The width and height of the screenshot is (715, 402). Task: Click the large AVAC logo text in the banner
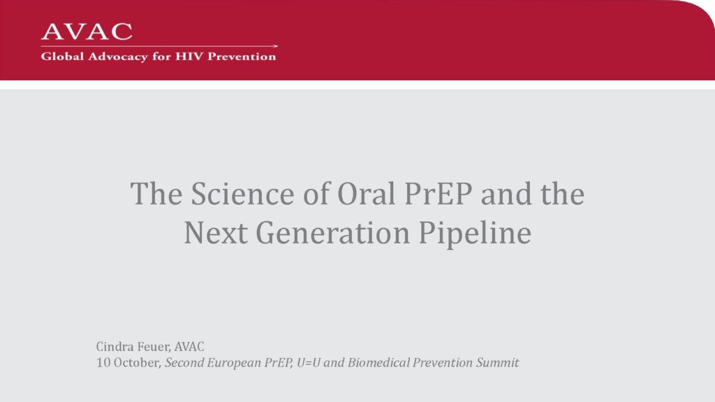(87, 31)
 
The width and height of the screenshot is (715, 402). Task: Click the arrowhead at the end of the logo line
(275, 46)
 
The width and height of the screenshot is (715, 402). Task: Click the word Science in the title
(242, 194)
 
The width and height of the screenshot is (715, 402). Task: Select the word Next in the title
(216, 232)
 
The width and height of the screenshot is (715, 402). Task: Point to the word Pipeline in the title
(475, 234)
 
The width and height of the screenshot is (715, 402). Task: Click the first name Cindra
(115, 346)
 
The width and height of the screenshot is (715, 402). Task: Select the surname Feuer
(154, 347)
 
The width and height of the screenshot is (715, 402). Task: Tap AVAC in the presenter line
(189, 347)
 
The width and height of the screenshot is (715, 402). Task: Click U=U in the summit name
(308, 363)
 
